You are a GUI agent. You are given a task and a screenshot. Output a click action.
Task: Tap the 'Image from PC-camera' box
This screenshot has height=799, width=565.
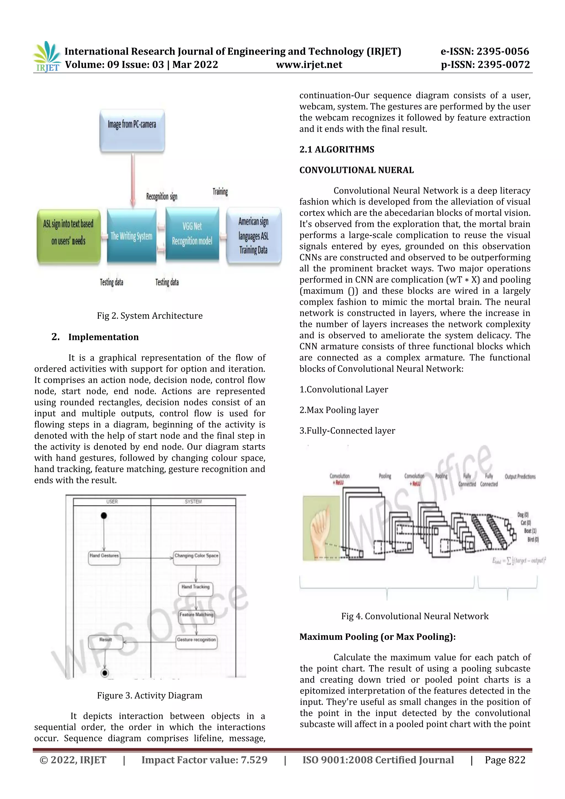tap(132, 130)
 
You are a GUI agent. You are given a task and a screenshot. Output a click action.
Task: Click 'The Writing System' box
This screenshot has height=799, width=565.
tap(132, 236)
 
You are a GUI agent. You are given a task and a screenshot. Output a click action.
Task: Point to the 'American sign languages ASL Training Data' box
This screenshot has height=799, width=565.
tap(253, 236)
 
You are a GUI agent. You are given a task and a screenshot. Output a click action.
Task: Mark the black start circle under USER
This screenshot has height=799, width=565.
tap(104, 515)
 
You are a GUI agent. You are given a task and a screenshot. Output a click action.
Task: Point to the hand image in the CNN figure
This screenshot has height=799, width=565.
tap(321, 528)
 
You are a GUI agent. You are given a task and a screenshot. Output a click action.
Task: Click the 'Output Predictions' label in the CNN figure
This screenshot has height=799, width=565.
tap(520, 476)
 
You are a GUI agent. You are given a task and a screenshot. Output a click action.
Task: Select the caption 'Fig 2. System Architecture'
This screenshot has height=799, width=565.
tap(150, 316)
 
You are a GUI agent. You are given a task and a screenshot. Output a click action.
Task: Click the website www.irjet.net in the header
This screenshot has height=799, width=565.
tap(309, 65)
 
